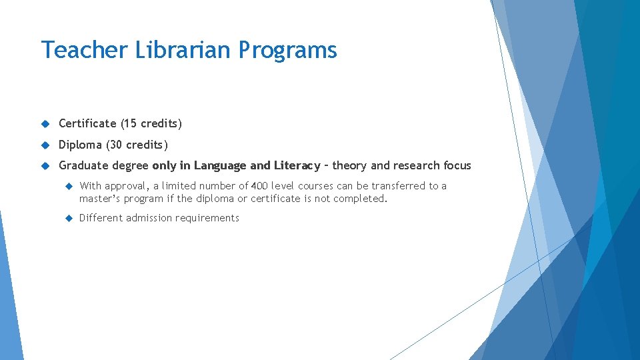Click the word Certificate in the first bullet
coord(87,123)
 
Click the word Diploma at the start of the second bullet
coord(80,145)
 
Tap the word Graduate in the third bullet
coord(83,166)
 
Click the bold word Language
coord(221,166)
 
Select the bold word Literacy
coord(297,166)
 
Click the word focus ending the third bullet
coord(457,165)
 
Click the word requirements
coord(208,219)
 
